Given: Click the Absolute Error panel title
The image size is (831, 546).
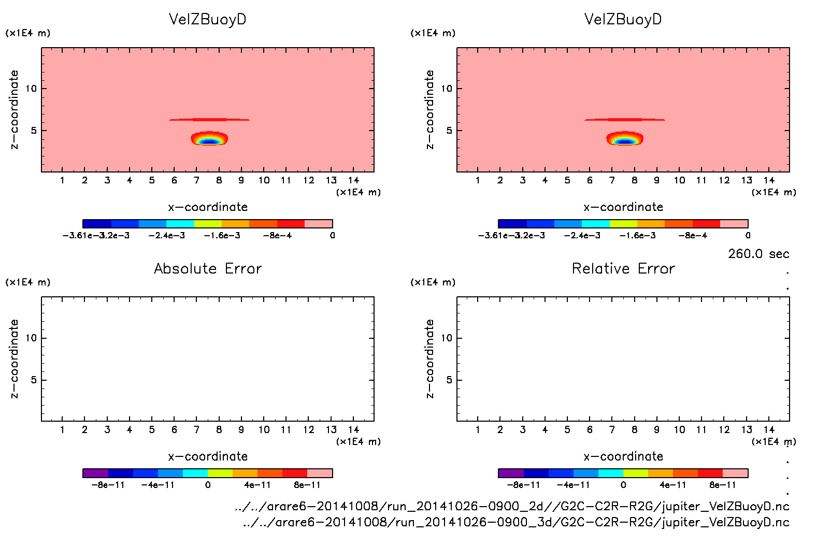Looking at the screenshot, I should (208, 268).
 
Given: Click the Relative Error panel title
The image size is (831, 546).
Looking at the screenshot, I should (623, 268).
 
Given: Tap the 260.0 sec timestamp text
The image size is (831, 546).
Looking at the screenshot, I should (758, 254).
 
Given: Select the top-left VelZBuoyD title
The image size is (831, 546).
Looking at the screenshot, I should (208, 19).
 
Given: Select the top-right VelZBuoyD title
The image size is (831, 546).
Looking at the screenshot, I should (623, 19).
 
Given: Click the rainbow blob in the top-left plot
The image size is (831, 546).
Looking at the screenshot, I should (209, 139).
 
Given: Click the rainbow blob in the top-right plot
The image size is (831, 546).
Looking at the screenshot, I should (625, 139).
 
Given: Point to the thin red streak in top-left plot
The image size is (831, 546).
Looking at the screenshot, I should (209, 120).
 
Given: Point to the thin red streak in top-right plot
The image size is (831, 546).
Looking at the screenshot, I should (625, 120).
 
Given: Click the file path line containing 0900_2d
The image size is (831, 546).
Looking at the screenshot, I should (512, 506).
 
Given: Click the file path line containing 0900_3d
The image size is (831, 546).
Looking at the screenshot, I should (516, 522).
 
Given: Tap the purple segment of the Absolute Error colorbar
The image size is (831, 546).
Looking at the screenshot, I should (95, 473).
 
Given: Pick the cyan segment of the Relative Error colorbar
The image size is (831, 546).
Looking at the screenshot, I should (611, 473).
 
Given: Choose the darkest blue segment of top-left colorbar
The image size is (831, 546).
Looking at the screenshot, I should (97, 224).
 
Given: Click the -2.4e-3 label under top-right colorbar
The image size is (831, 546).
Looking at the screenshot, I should (582, 236).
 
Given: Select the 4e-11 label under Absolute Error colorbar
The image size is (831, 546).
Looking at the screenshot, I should (257, 485).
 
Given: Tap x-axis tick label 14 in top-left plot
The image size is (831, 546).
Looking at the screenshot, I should (354, 180).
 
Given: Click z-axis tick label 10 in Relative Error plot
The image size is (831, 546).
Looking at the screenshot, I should (447, 338).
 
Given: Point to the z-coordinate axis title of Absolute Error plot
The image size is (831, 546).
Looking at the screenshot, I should (15, 358).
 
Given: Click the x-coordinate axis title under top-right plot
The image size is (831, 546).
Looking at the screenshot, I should (623, 207).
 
